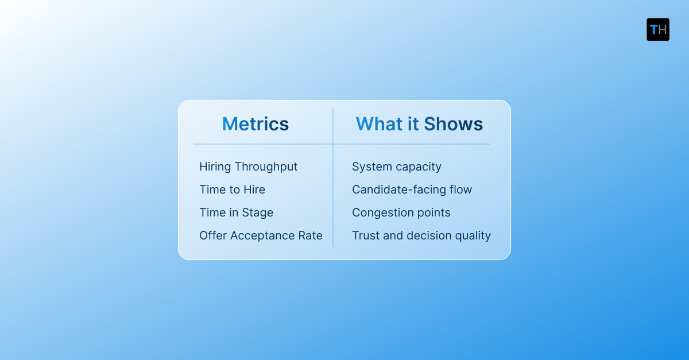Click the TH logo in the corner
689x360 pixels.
pyautogui.click(x=657, y=29)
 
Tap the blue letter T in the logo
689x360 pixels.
pyautogui.click(x=653, y=29)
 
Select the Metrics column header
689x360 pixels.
pyautogui.click(x=256, y=124)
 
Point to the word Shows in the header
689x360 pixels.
pyautogui.click(x=454, y=124)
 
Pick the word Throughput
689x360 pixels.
pyautogui.click(x=266, y=167)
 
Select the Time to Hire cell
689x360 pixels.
pyautogui.click(x=232, y=189)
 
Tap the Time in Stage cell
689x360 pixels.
pyautogui.click(x=236, y=212)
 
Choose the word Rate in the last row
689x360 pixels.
pyautogui.click(x=311, y=235)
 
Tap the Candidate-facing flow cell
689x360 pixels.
pyautogui.click(x=412, y=189)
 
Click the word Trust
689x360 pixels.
pyautogui.click(x=365, y=235)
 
